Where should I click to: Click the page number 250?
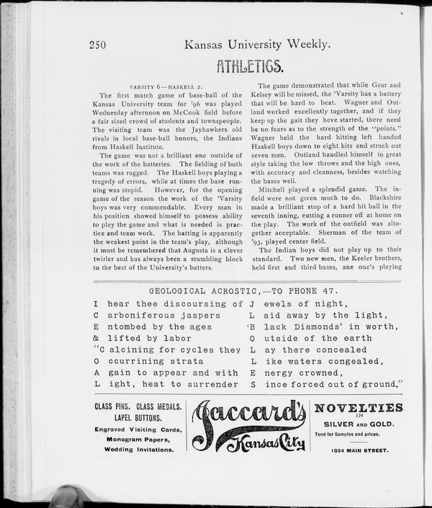coord(97,45)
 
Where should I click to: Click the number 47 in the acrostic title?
coord(328,290)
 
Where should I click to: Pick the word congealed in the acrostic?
coord(353,361)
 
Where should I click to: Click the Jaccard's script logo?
coord(249,419)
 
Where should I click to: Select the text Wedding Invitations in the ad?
coord(135,450)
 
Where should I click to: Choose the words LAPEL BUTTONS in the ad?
coord(135,417)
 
